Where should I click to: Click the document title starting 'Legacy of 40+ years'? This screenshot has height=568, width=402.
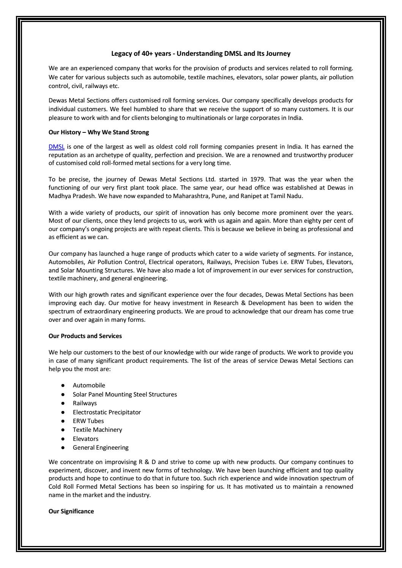(200, 54)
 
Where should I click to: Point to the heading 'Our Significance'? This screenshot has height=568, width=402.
(71, 511)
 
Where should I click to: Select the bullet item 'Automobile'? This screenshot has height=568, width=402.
(89, 385)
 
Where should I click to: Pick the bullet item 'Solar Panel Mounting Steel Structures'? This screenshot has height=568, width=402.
(125, 394)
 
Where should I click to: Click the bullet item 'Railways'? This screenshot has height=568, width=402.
(85, 403)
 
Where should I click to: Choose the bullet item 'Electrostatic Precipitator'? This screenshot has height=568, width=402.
(107, 412)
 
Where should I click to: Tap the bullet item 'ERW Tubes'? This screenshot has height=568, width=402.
(88, 421)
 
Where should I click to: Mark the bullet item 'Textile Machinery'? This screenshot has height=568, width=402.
(97, 430)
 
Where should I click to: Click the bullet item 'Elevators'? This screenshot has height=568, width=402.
(85, 439)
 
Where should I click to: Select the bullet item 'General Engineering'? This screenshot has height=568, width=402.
(101, 448)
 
